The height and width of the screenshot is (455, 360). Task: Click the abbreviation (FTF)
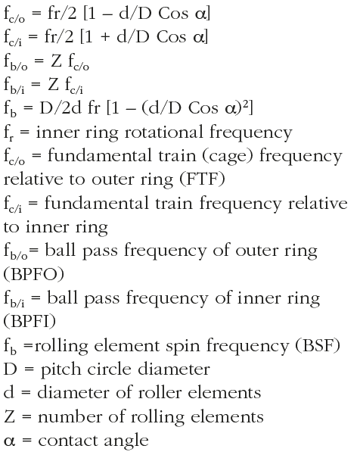click(202, 179)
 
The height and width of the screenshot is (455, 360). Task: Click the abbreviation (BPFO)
click(33, 274)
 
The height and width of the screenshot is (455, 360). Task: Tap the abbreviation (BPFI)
click(29, 322)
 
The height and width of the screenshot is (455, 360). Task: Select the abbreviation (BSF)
click(318, 345)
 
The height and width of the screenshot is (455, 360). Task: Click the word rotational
click(163, 132)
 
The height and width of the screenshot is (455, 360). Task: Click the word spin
click(182, 347)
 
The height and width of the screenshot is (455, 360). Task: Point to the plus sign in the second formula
click(105, 38)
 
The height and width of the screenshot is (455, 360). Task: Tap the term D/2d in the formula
click(61, 108)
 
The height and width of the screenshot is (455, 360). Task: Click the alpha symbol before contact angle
click(9, 442)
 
